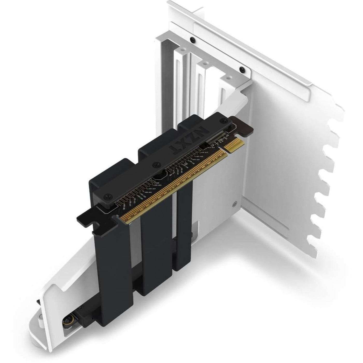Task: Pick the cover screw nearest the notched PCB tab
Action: [x=106, y=195]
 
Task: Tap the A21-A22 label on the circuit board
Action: [x=200, y=156]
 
